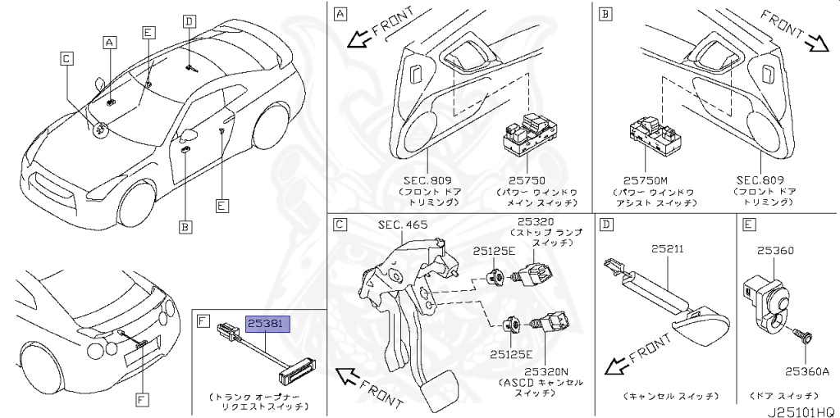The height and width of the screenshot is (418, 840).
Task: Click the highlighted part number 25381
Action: tap(267, 325)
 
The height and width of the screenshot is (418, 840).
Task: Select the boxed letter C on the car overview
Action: tap(66, 57)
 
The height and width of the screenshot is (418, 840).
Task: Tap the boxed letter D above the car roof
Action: tap(189, 21)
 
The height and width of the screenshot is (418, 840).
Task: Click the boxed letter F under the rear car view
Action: tap(142, 399)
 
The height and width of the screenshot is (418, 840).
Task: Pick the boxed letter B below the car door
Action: tap(185, 225)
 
